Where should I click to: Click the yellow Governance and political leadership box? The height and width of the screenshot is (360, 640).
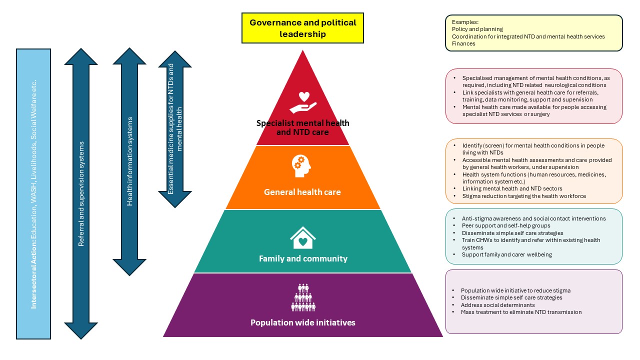coord(302,28)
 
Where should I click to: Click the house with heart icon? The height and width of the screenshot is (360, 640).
coord(302,238)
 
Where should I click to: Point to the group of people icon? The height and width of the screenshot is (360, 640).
coord(303,297)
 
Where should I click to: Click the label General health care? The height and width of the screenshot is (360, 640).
coord(302,192)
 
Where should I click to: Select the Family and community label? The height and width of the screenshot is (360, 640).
coord(303,258)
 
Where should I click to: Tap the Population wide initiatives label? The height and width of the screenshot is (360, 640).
coord(302,322)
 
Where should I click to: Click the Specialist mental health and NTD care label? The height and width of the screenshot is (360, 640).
coord(302,127)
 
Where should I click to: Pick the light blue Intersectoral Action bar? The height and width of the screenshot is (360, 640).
coord(33,193)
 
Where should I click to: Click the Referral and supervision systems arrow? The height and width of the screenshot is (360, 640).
coord(81,193)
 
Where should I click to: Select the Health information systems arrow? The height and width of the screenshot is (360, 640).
coord(130,161)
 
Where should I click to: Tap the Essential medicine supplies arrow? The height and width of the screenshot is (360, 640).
coord(174,128)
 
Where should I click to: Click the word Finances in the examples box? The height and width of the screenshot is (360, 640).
coord(463,43)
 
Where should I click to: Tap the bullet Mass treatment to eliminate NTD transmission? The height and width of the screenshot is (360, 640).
coord(521,311)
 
